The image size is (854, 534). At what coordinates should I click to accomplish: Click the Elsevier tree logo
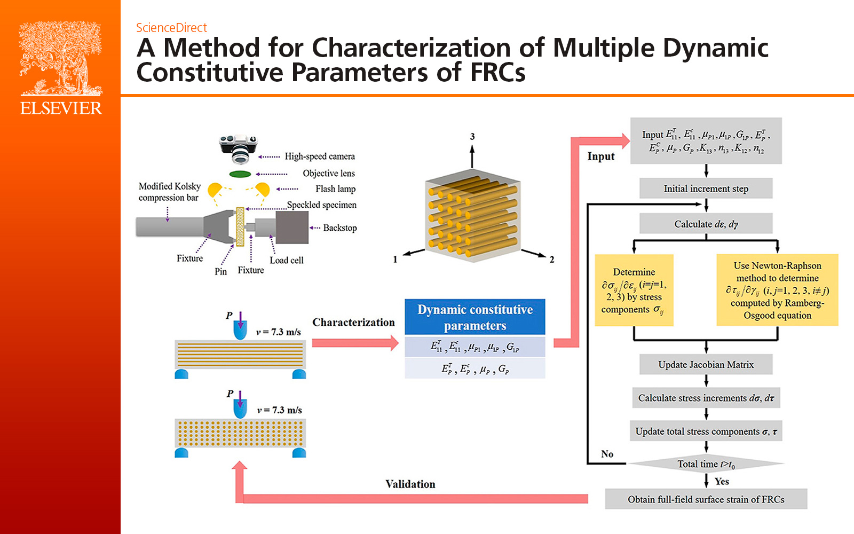coord(60,59)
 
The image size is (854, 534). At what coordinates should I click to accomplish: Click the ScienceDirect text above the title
coord(171,28)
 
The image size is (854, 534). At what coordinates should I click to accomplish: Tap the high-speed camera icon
coord(239,148)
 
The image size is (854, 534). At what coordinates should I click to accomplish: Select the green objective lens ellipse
coord(240,174)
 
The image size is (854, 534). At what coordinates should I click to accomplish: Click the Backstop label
coord(339,228)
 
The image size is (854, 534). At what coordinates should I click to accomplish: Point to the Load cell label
coord(287,261)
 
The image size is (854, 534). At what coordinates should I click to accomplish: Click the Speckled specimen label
coord(321,205)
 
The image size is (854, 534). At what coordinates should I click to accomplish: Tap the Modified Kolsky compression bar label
coord(169,192)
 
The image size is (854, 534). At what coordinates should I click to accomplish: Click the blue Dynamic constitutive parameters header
coord(475,317)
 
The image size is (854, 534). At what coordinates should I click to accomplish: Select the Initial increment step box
coord(706,189)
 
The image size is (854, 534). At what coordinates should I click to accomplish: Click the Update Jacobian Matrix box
coord(706,365)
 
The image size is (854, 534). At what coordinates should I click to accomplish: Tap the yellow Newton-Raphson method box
coord(777,290)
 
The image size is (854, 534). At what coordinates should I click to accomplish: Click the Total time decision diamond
coord(706,464)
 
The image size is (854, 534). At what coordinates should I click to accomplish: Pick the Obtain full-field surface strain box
coord(706,499)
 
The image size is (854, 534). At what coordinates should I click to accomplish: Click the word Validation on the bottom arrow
coord(410,484)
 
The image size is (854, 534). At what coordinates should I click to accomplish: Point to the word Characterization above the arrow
coord(353,323)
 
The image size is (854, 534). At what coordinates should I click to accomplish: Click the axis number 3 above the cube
coord(472,137)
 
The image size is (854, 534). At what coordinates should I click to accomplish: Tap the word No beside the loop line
coord(607,454)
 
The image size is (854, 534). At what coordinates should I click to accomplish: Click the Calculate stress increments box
coord(706,398)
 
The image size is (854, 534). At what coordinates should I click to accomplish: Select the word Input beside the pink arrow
coord(601,156)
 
